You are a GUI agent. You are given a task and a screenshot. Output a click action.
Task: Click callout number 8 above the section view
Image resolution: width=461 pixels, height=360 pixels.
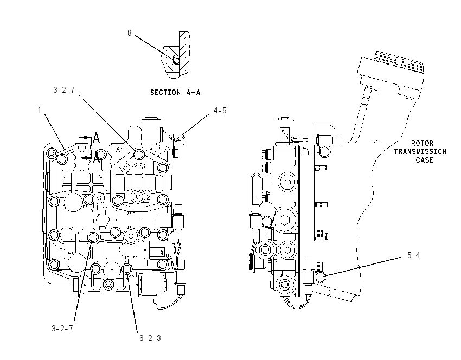(x=130, y=33)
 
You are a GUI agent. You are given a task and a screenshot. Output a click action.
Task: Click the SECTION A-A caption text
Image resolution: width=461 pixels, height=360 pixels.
(x=175, y=92)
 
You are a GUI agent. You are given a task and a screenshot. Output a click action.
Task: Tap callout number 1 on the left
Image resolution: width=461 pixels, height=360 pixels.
(x=40, y=110)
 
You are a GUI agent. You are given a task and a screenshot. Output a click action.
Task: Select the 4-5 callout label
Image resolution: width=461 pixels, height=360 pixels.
(x=220, y=111)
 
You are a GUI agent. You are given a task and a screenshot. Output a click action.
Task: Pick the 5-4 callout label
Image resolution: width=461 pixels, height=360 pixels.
(x=413, y=255)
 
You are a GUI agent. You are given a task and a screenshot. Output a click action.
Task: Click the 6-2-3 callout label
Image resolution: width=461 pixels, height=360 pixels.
(x=150, y=338)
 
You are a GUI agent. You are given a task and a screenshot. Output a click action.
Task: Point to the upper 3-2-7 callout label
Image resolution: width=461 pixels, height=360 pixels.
(x=64, y=90)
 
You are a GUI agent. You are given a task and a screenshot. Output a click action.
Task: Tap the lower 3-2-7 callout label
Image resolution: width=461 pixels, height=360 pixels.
(x=62, y=328)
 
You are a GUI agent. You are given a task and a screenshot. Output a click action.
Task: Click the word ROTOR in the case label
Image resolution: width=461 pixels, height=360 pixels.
(x=422, y=144)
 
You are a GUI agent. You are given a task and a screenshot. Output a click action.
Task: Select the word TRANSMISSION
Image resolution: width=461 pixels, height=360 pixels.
(x=420, y=152)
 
